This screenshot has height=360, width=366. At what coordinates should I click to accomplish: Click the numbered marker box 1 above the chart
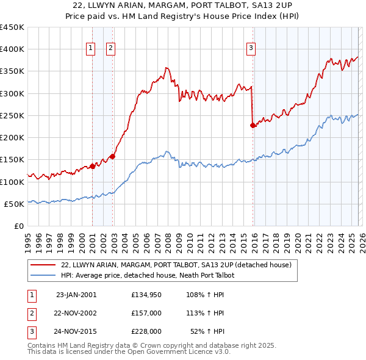91,48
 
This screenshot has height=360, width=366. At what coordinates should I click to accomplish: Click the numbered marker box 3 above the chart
251,48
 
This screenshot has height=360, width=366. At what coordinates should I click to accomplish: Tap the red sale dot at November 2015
253,125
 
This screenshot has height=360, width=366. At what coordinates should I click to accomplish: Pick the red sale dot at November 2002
112,156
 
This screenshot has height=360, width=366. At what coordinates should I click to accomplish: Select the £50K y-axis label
15,204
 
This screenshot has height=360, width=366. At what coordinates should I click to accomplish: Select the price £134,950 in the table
146,294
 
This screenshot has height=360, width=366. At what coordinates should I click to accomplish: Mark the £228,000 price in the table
146,332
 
